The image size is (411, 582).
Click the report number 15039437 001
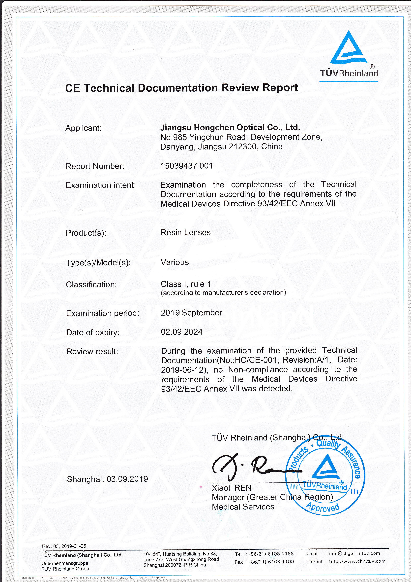tap(187, 166)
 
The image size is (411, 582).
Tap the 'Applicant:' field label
tap(83, 128)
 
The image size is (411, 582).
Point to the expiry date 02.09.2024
tap(182, 332)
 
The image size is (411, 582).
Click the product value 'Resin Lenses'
tap(186, 232)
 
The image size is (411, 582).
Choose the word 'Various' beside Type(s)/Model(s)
tap(175, 262)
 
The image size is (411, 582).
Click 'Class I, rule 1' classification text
tap(186, 284)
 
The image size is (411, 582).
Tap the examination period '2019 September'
tap(191, 313)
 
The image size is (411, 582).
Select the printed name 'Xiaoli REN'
tap(232, 488)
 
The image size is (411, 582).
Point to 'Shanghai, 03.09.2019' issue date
tap(107, 479)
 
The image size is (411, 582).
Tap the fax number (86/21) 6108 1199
tap(271, 562)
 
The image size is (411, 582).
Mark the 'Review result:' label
tap(92, 351)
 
